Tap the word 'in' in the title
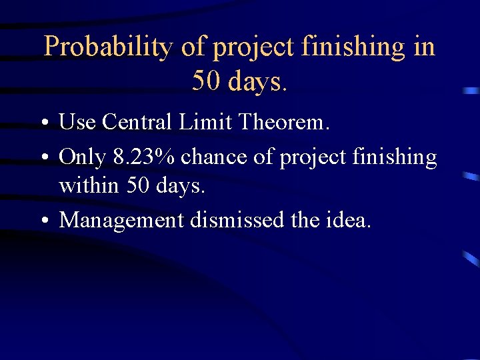pyautogui.click(x=423, y=47)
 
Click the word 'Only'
pyautogui.click(x=83, y=157)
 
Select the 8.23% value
pyautogui.click(x=144, y=157)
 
